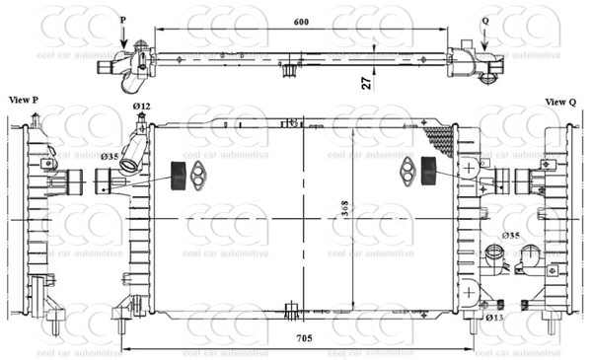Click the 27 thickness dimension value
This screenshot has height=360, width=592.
(367, 83)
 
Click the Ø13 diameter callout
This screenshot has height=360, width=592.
(495, 318)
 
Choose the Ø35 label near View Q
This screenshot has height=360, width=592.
(511, 236)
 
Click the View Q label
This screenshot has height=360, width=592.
(560, 102)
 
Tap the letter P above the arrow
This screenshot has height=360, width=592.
(123, 20)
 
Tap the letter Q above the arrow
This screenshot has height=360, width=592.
(483, 20)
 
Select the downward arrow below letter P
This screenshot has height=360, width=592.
(123, 36)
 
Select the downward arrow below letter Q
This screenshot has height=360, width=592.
(483, 36)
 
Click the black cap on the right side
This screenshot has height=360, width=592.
(429, 171)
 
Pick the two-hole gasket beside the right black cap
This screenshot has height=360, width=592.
(407, 172)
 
